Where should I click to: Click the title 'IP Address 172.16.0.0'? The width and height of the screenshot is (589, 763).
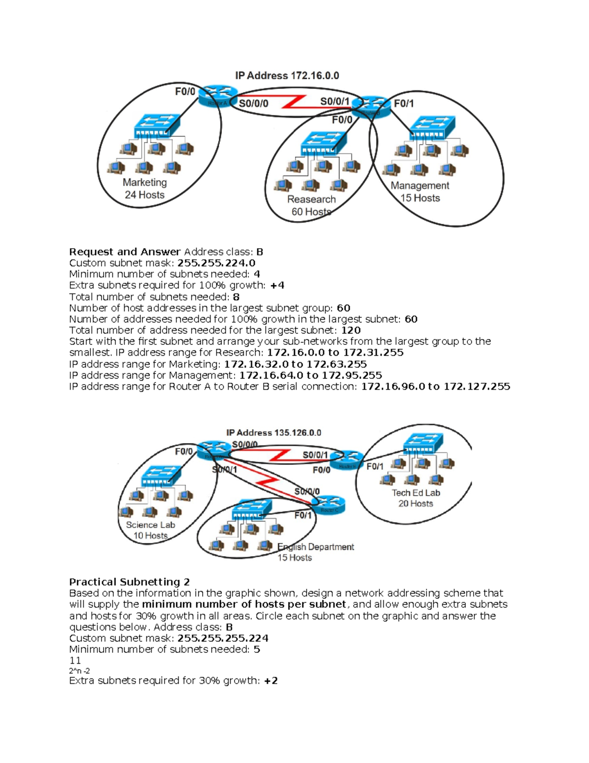tap(287, 76)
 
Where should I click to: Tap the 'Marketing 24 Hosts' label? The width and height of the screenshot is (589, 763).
tap(145, 189)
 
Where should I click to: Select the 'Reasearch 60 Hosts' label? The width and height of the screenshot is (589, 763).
tap(311, 205)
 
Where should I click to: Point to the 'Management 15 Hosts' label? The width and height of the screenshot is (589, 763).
tap(420, 192)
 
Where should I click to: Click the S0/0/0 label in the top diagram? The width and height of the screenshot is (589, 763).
tap(253, 104)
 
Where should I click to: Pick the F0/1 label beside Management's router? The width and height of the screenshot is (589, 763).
tap(404, 104)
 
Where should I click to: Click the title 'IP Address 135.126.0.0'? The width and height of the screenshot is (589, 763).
tap(273, 433)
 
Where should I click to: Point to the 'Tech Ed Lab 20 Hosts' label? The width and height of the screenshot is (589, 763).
tap(416, 498)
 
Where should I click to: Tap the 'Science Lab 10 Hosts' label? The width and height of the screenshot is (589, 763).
tap(150, 530)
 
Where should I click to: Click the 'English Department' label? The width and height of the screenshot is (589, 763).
tap(316, 547)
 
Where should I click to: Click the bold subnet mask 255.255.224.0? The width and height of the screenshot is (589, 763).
tap(216, 263)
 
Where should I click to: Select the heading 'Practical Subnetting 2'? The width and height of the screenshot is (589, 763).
tap(130, 582)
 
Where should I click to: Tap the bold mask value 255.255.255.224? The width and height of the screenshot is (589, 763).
tap(223, 638)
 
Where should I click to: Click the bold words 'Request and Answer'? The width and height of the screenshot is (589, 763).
tap(125, 252)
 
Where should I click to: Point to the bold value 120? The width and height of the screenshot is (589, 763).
tap(351, 330)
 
